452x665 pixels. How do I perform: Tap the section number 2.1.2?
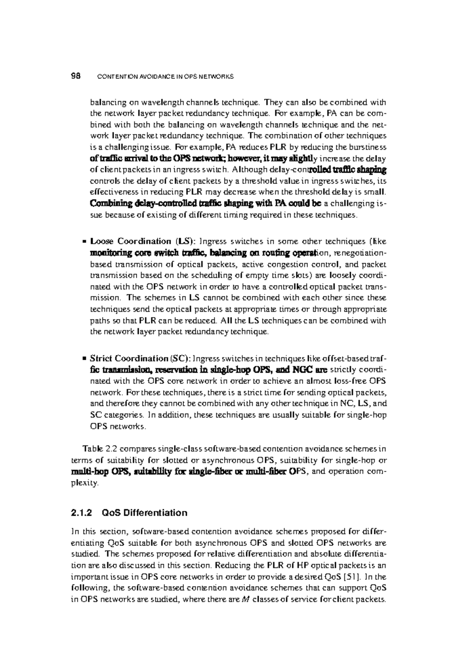[82, 513]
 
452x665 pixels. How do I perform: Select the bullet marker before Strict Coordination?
[86, 358]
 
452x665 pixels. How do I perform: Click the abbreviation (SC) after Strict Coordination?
[182, 358]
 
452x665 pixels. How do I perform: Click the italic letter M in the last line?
[243, 599]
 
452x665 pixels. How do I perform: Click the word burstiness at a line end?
[368, 147]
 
